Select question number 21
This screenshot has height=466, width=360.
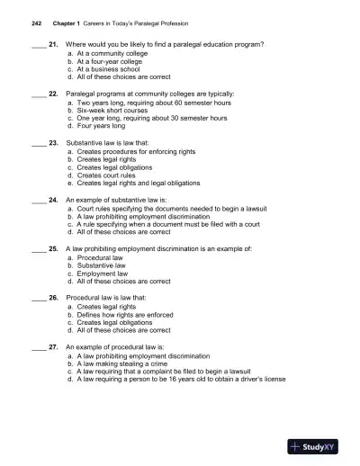pos(53,43)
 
